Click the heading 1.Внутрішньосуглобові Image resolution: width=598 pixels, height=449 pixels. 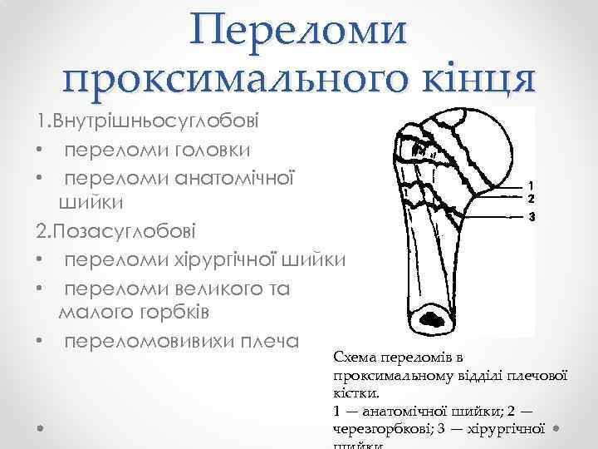(x=147, y=121)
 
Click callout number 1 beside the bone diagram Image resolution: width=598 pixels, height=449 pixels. (x=531, y=185)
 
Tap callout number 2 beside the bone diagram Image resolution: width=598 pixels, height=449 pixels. (x=531, y=199)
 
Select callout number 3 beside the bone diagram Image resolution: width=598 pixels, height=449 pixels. (x=531, y=217)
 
